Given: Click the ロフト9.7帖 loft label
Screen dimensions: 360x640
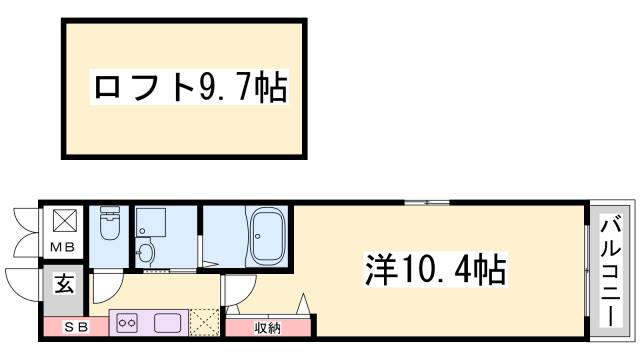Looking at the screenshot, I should coord(189,89).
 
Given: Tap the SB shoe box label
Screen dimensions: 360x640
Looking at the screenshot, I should coord(76,325).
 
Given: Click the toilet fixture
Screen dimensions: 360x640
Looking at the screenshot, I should coord(109,229).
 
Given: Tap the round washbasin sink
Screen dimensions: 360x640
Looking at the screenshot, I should coord(147,253).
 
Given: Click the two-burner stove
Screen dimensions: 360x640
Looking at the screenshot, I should coord(128,323).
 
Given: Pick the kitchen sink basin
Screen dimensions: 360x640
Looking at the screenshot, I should coord(167,323).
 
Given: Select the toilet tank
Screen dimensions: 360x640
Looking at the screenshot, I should coord(109,213).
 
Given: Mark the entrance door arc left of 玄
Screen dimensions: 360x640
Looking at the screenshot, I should coord(22,283).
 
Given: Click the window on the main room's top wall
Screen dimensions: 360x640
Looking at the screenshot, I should coord(426,203).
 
